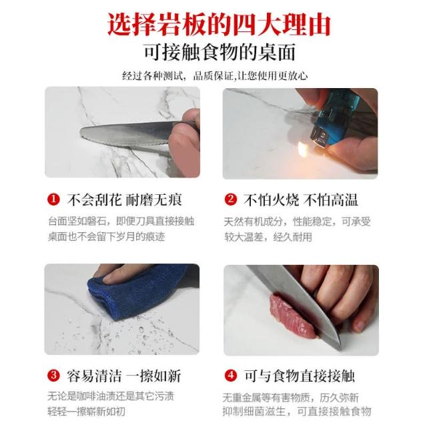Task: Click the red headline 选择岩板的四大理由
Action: pos(219,25)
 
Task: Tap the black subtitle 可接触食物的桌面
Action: pos(220,52)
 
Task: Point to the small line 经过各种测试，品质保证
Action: pos(178,75)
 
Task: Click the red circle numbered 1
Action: pos(53,199)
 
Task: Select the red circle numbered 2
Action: pos(231,199)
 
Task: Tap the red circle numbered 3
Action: pos(53,376)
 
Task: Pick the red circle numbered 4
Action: pos(231,376)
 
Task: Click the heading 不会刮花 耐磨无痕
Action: pos(124,200)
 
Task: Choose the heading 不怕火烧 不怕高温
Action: pos(300,200)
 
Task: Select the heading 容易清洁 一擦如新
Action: pos(124,376)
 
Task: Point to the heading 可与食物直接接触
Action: pos(299,376)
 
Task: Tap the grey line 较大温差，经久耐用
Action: pos(268,238)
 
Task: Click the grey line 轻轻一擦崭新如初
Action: pos(86,412)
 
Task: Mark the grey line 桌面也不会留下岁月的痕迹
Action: pos(107,237)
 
